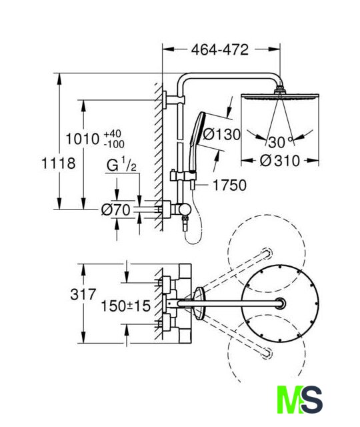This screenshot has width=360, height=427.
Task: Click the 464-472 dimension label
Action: (220, 49)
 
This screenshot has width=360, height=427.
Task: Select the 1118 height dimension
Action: (59, 163)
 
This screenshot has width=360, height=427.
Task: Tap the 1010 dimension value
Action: (83, 139)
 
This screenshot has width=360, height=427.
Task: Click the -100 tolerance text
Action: (114, 144)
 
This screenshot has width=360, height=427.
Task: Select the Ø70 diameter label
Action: (116, 210)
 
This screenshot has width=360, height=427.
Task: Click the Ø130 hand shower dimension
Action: (222, 134)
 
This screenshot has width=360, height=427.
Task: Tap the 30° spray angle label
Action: (279, 142)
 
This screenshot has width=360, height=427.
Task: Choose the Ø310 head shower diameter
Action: (280, 161)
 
